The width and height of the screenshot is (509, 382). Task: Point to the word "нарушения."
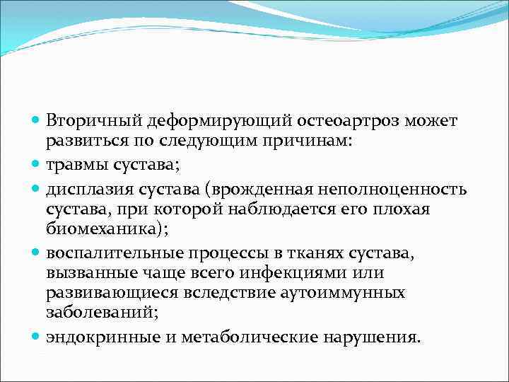[x=373, y=337]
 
